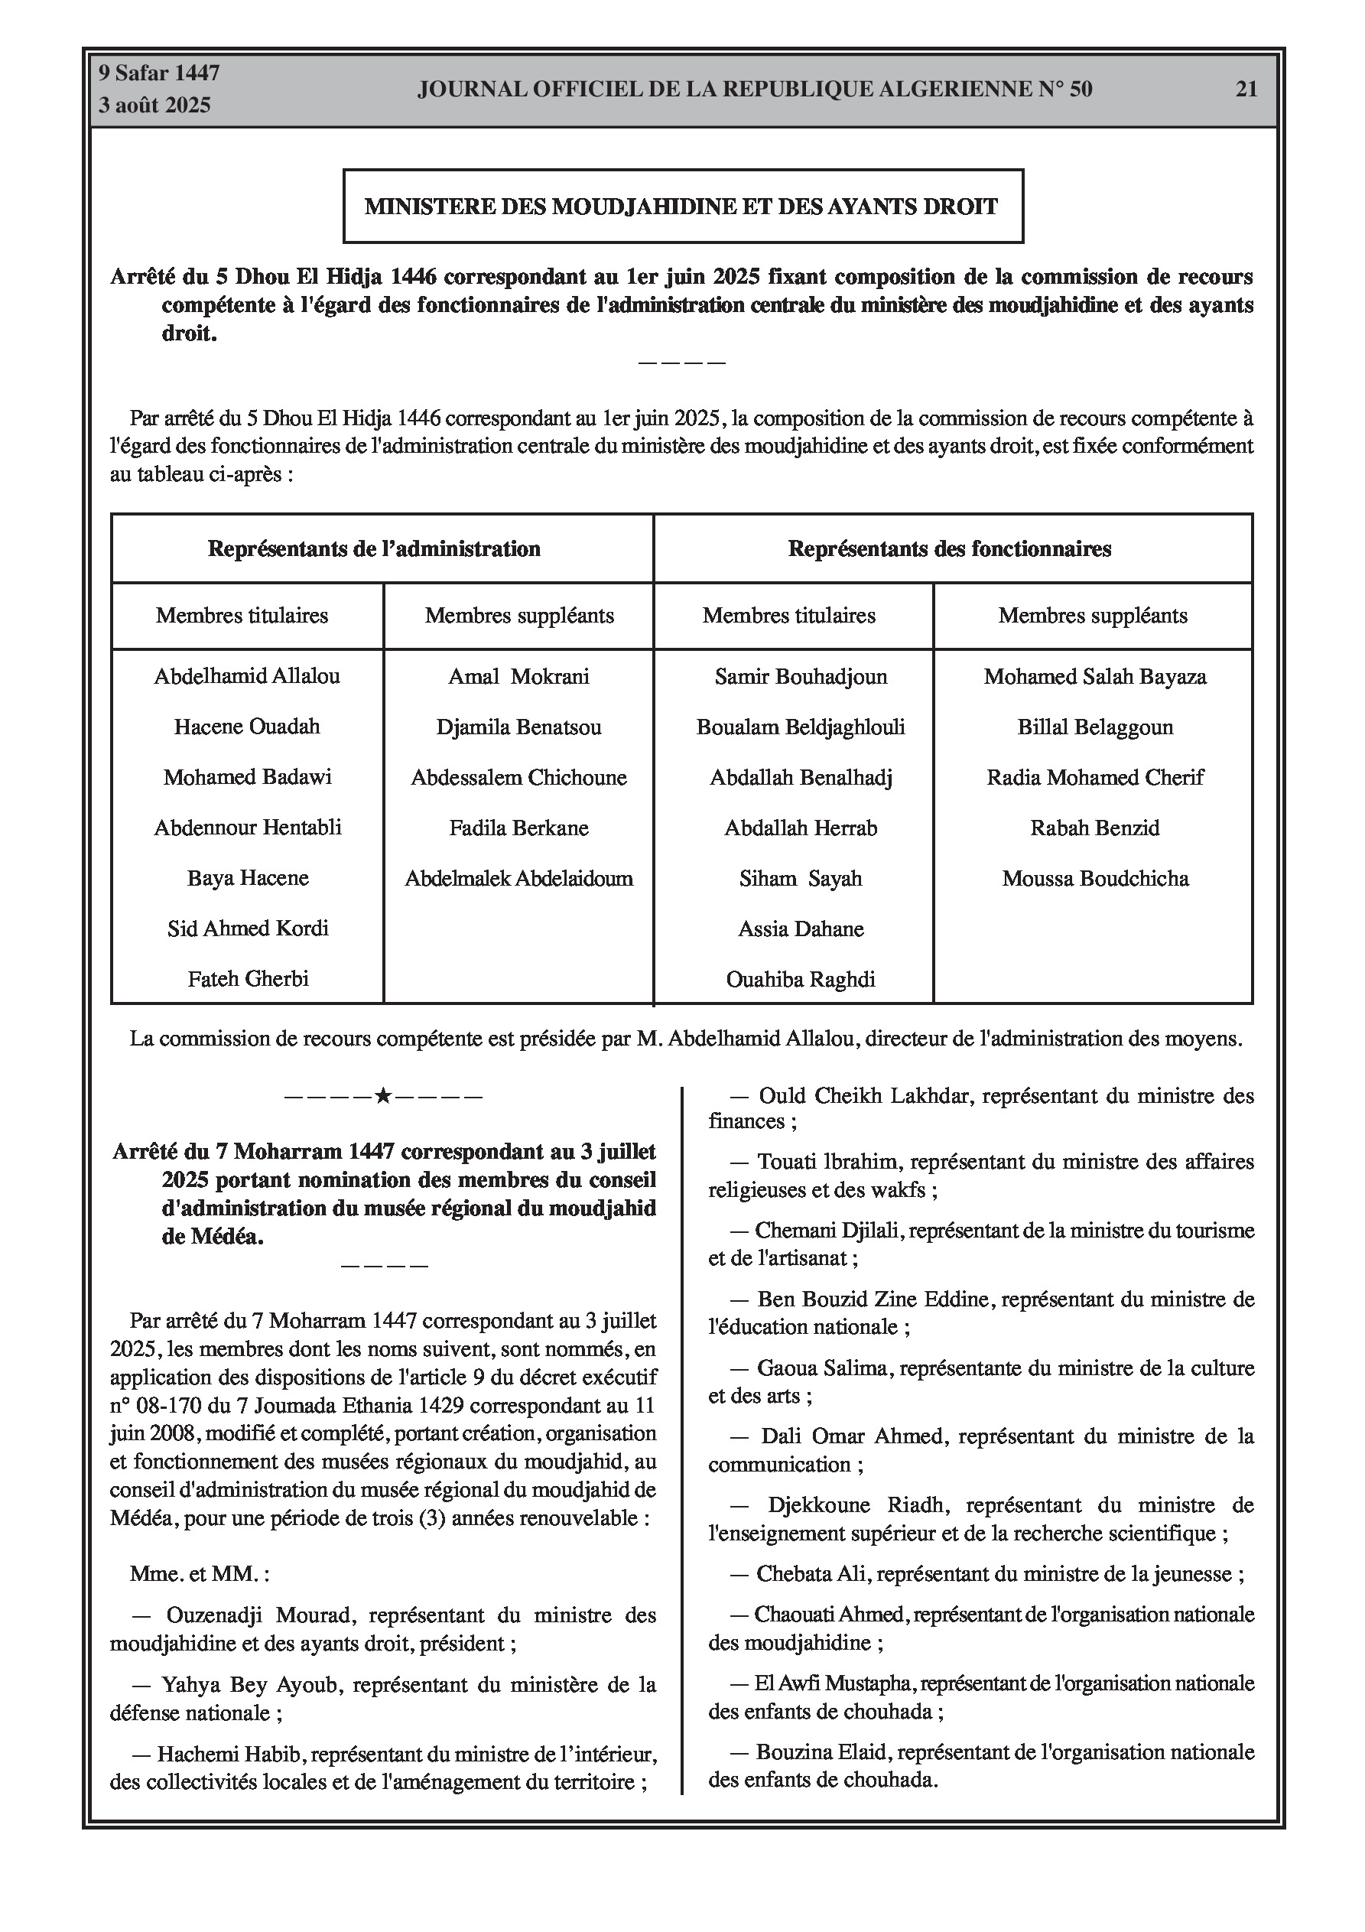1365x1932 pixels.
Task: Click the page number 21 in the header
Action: coord(1246,89)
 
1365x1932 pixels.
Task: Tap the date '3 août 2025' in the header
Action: coord(154,106)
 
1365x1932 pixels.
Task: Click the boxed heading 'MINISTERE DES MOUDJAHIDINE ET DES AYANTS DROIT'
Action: coord(681,207)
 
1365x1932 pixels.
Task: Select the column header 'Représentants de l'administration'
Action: coord(374,549)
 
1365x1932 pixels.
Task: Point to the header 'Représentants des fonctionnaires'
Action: coord(949,549)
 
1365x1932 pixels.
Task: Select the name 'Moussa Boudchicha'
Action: coord(1095,879)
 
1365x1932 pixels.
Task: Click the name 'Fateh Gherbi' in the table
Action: coord(248,979)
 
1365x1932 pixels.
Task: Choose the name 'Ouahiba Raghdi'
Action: coord(801,980)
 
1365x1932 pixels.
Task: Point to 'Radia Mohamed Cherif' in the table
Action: coord(1095,778)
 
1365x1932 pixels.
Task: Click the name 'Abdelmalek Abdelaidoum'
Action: coord(518,879)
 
